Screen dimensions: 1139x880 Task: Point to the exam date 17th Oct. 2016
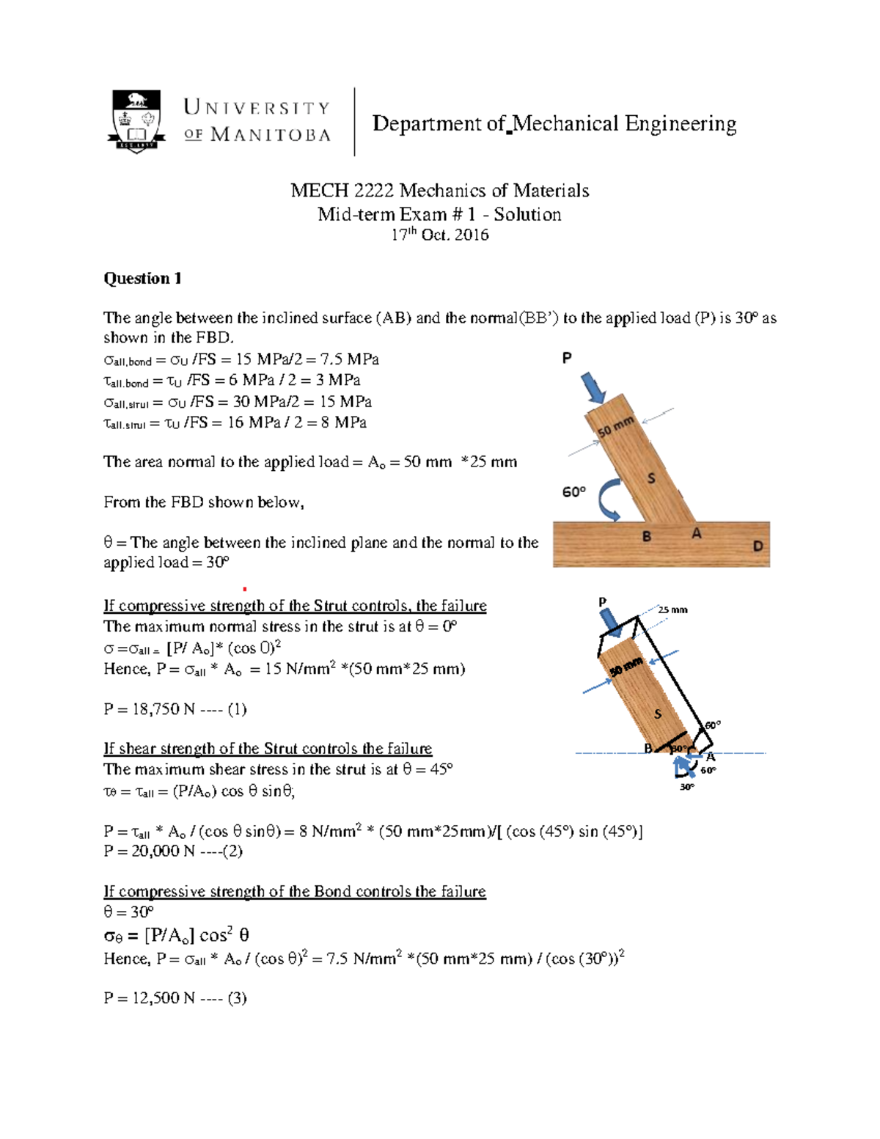[x=439, y=235]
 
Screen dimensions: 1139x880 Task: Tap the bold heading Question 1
[x=142, y=278]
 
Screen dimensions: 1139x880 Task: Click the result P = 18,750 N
[x=175, y=709]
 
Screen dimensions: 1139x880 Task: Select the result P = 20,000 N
[x=173, y=851]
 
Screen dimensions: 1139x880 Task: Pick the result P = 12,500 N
[x=175, y=997]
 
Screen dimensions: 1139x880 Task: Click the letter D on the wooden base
[x=758, y=546]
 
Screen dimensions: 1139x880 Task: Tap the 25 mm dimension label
[x=672, y=609]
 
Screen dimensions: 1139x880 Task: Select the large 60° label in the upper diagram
[x=574, y=492]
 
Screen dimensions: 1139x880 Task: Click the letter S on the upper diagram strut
[x=650, y=479]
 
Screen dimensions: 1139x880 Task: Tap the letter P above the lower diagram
[x=603, y=602]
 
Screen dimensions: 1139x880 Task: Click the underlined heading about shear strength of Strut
[x=268, y=749]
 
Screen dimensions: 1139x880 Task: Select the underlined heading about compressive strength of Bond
[x=295, y=892]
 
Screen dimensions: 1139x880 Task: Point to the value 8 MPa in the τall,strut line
[x=338, y=422]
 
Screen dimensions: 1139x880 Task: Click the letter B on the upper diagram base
[x=646, y=536]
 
